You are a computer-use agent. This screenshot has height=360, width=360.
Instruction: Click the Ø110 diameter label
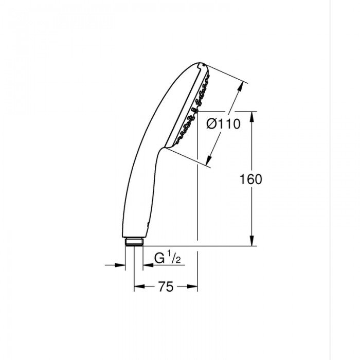point(223,124)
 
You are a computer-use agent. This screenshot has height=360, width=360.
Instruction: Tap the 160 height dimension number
point(251,179)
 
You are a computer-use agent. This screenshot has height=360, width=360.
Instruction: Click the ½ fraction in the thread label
point(174,259)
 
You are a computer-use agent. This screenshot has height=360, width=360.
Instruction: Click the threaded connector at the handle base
point(134,242)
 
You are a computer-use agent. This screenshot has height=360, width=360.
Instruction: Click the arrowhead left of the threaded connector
point(122,265)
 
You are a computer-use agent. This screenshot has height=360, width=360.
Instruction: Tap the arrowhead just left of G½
point(146,265)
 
